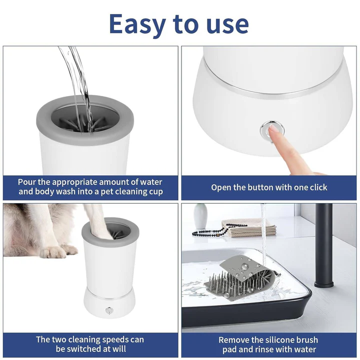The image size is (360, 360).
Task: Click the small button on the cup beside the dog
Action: point(108,310)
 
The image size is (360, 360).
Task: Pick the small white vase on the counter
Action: point(200,216)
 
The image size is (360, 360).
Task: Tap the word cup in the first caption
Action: point(154,192)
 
